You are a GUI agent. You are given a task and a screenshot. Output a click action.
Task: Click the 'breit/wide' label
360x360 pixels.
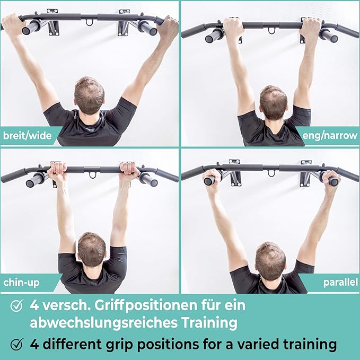tap(28, 136)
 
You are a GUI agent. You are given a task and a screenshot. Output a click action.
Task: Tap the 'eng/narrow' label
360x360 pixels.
tap(330, 135)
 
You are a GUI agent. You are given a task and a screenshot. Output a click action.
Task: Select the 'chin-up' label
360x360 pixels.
tap(21, 283)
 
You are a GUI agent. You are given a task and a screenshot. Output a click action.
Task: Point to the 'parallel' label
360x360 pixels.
tap(340, 282)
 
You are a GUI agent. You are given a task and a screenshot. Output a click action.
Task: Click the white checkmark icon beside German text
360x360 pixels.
tap(17, 305)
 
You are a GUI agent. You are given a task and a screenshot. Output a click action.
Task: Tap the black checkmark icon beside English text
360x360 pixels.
tap(17, 344)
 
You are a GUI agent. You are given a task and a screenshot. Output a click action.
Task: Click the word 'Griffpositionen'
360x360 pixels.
tap(146, 306)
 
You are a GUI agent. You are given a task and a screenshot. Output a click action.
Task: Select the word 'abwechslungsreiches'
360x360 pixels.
tap(104, 322)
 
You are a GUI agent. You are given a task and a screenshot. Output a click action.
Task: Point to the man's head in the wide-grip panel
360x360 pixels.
tap(89, 96)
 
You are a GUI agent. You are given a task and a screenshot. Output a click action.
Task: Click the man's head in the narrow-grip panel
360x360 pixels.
tap(274, 103)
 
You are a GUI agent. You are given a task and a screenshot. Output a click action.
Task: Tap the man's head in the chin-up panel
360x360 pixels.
tap(92, 250)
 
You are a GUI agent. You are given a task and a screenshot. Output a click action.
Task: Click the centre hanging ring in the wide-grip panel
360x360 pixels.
tap(90, 22)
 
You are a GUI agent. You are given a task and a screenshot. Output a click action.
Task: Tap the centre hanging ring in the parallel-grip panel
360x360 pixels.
tap(271, 173)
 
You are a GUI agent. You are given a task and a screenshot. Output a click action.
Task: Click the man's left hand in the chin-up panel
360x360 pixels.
tap(58, 171)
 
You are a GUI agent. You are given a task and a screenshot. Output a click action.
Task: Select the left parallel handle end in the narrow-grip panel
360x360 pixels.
tap(209, 39)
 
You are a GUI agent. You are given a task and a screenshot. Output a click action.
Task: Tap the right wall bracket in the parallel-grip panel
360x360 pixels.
tap(305, 173)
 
